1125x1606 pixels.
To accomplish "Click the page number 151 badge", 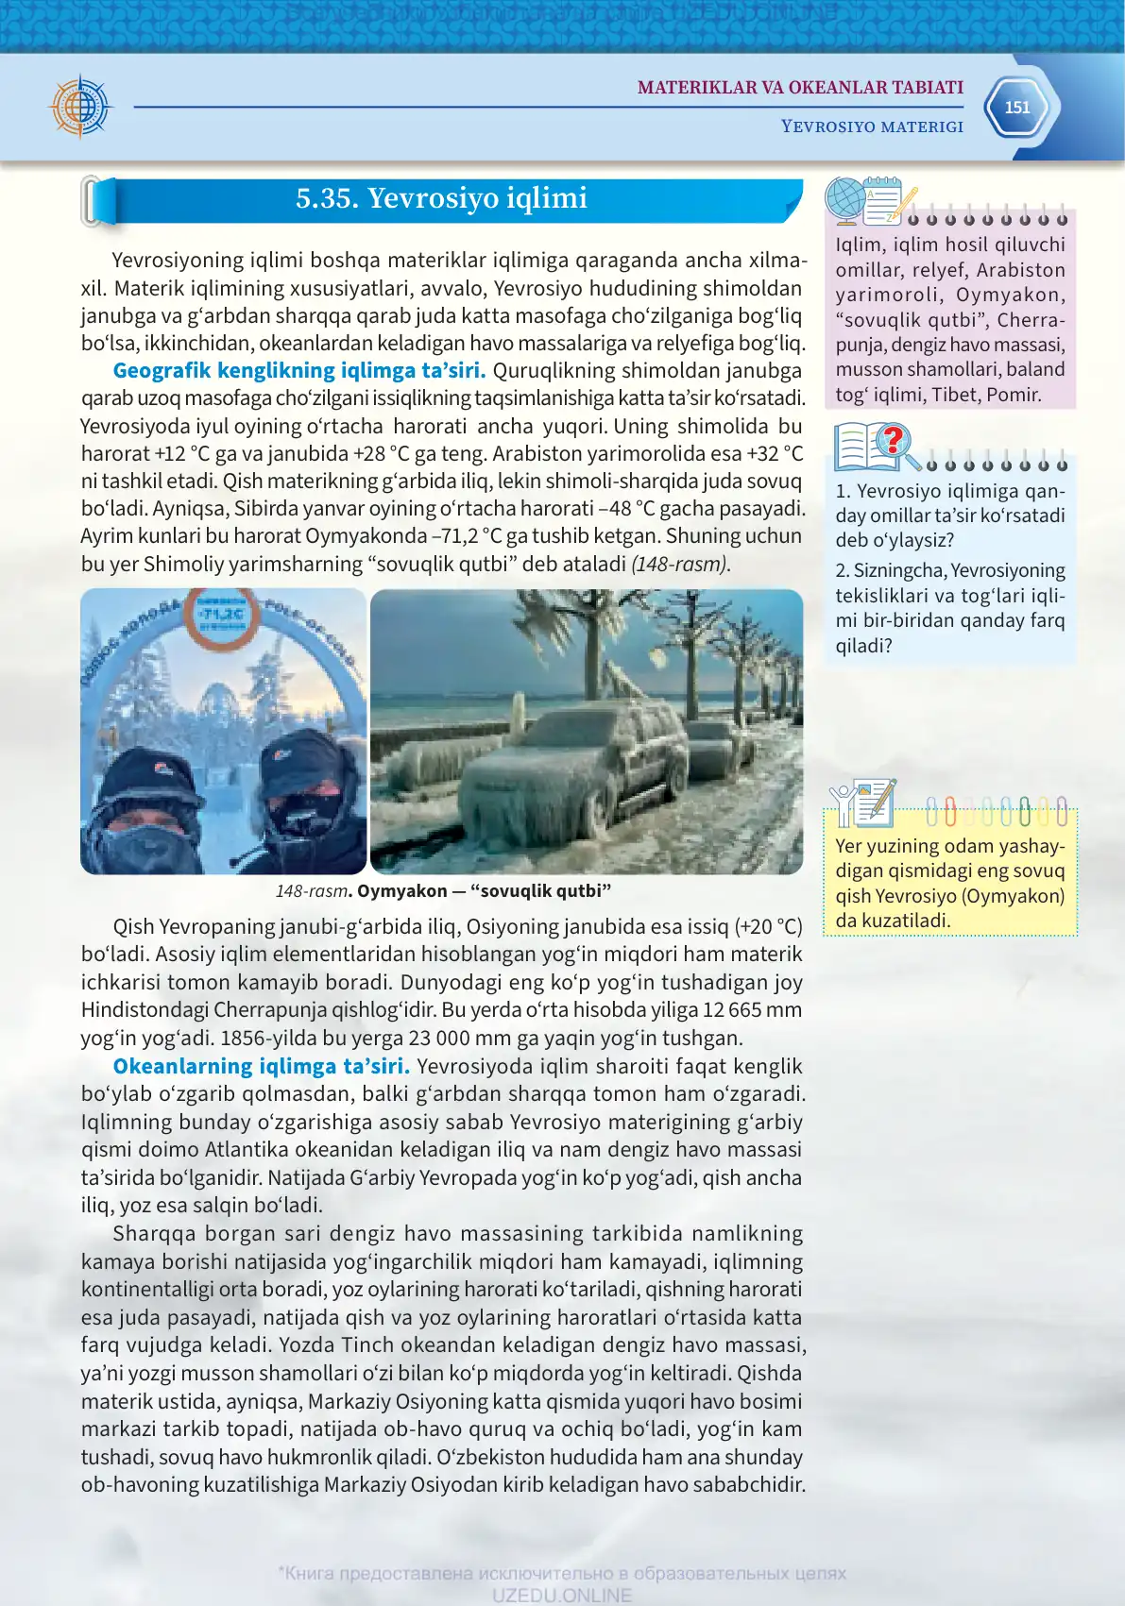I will [1016, 108].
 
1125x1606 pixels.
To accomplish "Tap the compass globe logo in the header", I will [81, 106].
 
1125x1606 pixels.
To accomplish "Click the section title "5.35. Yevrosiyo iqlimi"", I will [441, 198].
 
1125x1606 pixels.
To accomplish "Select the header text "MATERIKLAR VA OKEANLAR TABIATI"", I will [800, 88].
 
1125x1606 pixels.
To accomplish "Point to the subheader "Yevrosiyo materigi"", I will [872, 127].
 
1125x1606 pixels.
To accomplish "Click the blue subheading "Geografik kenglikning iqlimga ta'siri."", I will [298, 371].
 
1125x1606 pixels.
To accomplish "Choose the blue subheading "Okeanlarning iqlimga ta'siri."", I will [261, 1067].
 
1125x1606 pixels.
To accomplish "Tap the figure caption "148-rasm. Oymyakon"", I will [443, 891].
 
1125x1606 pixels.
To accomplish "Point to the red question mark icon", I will [892, 440].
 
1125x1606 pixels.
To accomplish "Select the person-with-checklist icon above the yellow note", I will [862, 803].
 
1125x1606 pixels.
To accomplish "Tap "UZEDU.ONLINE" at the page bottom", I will [561, 1596].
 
